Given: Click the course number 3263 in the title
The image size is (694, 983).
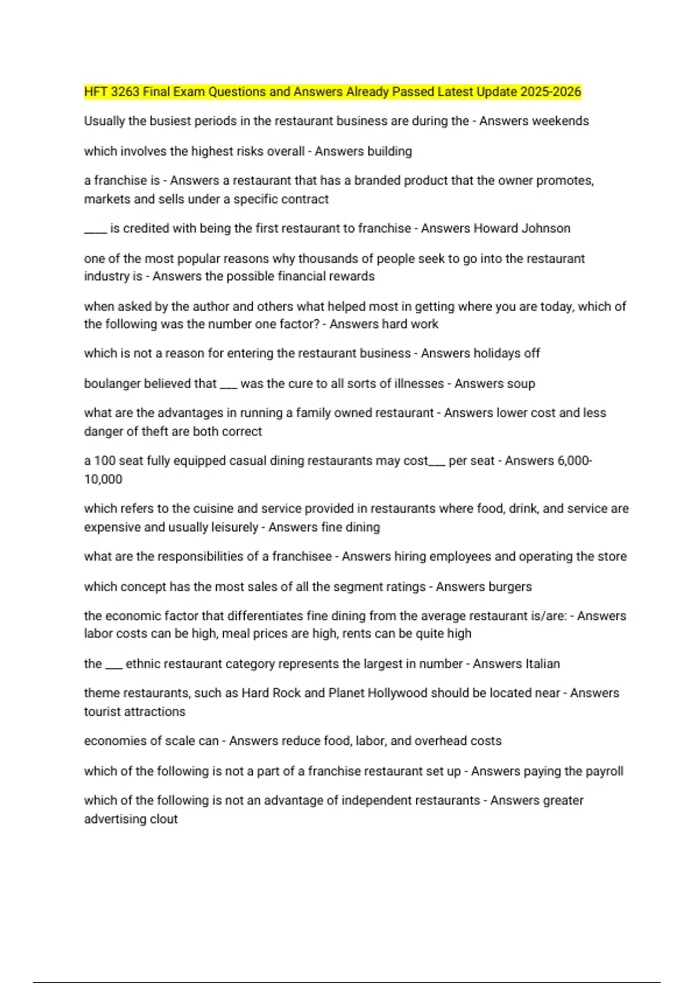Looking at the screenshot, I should click(x=124, y=92).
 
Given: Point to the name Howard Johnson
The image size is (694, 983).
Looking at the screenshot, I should click(x=522, y=228).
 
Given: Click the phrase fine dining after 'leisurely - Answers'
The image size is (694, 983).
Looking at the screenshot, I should click(x=353, y=527).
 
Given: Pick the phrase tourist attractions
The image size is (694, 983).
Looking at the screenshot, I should click(x=135, y=712).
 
